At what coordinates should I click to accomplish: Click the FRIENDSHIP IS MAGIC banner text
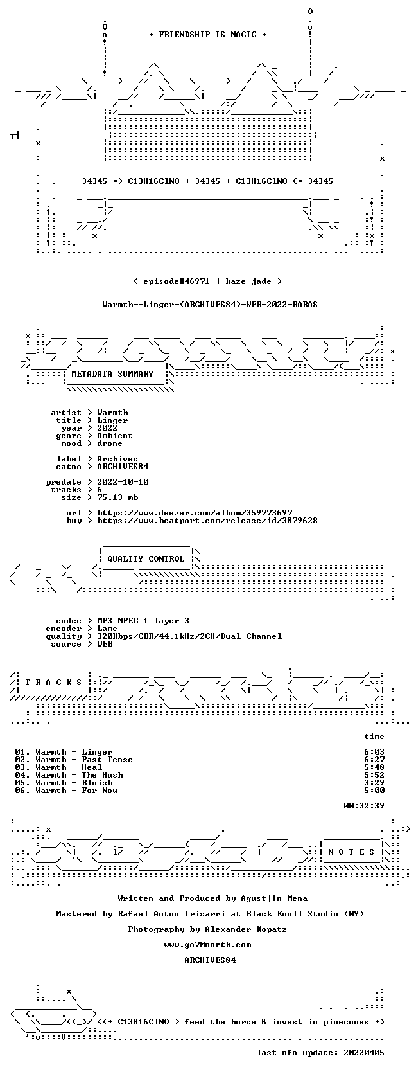[208, 35]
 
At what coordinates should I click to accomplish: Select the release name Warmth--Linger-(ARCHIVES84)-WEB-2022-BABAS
[210, 305]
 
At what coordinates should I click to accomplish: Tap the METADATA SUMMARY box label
[112, 374]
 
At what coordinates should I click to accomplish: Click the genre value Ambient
[115, 436]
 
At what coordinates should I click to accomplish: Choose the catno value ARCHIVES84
[123, 467]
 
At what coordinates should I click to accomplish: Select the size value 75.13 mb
[117, 497]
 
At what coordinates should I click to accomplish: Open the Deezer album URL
[195, 513]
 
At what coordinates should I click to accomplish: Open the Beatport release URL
[207, 520]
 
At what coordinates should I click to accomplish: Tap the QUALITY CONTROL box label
[146, 559]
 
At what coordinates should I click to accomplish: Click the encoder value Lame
[107, 629]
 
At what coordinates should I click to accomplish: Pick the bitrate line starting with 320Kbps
[189, 636]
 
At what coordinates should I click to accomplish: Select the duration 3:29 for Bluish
[374, 782]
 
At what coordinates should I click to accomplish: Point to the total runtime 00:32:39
[364, 805]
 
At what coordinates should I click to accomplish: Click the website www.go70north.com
[207, 945]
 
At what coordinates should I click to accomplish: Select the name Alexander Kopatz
[246, 929]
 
